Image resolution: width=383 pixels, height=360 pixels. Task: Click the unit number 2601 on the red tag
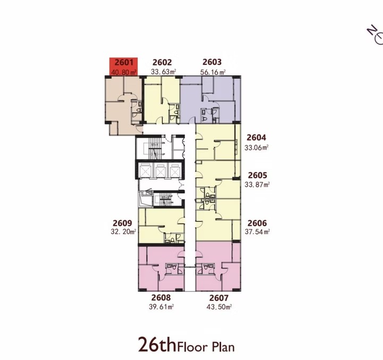(124, 62)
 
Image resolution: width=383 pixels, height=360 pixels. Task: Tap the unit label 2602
(162, 62)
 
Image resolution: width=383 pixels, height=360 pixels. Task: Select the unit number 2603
(212, 62)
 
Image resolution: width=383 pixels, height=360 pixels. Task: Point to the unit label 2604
(256, 138)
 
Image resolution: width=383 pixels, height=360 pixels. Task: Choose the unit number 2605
(257, 175)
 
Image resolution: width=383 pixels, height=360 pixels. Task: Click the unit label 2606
(257, 223)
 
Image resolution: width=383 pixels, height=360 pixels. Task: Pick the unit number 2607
(219, 298)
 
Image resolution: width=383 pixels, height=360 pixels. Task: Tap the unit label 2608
(161, 298)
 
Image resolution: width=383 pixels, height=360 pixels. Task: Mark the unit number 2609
(122, 223)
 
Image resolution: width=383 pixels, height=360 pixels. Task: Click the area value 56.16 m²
(213, 72)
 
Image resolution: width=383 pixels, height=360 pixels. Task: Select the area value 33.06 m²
(256, 148)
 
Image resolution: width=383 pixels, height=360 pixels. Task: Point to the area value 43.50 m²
(219, 307)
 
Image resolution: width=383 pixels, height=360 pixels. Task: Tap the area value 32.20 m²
(123, 232)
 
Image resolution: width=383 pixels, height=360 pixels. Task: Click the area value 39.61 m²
(161, 306)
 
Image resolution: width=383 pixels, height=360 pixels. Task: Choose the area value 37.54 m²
(257, 231)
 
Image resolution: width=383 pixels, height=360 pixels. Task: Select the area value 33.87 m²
(257, 185)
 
